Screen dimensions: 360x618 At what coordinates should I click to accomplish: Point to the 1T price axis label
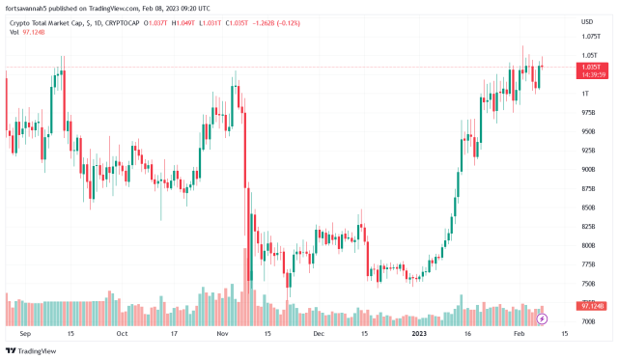pyautogui.click(x=585, y=94)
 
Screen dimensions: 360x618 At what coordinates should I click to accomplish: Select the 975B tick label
pyautogui.click(x=588, y=113)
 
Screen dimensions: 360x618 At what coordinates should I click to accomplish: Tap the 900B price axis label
pyautogui.click(x=588, y=170)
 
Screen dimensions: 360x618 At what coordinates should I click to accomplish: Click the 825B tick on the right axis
pyautogui.click(x=588, y=227)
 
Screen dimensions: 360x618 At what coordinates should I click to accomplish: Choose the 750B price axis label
pyautogui.click(x=588, y=284)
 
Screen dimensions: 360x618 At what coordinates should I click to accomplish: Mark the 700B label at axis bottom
pyautogui.click(x=588, y=321)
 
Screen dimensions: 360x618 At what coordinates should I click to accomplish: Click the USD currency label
pyautogui.click(x=587, y=21)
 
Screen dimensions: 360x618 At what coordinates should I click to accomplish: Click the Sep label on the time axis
pyautogui.click(x=24, y=334)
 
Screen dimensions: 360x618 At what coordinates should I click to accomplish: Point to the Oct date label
pyautogui.click(x=121, y=334)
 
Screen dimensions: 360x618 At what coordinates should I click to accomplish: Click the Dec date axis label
pyautogui.click(x=319, y=334)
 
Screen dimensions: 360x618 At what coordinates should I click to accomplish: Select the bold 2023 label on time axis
pyautogui.click(x=421, y=334)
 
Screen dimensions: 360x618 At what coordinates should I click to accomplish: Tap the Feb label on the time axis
pyautogui.click(x=519, y=334)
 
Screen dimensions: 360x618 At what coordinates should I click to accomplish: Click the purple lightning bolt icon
pyautogui.click(x=542, y=318)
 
